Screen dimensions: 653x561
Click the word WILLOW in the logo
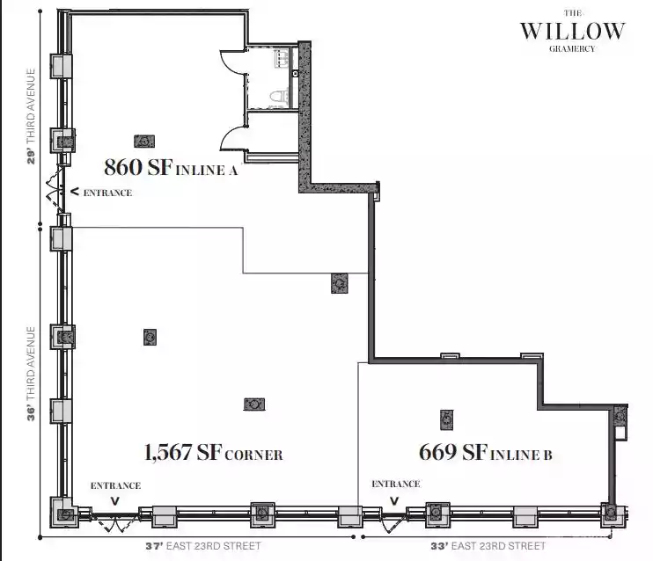(x=573, y=31)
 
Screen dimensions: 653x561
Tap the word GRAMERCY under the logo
(x=572, y=48)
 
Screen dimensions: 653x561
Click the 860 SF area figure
(x=138, y=167)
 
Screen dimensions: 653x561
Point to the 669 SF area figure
(x=453, y=452)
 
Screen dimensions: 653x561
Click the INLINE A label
(x=207, y=171)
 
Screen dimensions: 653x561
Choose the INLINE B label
(x=521, y=455)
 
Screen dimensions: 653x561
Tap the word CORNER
(x=253, y=455)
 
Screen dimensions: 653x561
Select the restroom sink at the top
(x=281, y=58)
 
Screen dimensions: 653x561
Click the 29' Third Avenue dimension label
(x=31, y=116)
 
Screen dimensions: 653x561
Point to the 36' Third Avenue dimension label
(x=31, y=374)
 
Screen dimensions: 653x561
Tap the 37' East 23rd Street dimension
(x=203, y=545)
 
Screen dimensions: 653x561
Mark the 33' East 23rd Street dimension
(x=488, y=545)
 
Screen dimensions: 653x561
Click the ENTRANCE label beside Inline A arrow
(x=108, y=193)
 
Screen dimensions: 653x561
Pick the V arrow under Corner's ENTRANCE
(x=115, y=501)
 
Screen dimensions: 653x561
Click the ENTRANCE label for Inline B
(x=396, y=484)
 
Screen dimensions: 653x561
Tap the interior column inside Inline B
(x=446, y=420)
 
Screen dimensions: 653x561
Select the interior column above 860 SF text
(x=144, y=142)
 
